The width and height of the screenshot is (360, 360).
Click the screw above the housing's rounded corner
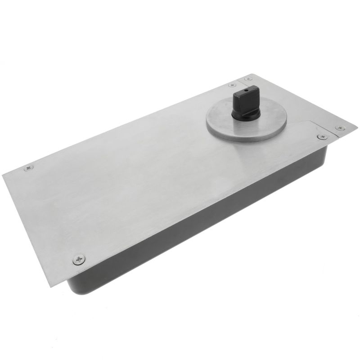coord(79,259)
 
